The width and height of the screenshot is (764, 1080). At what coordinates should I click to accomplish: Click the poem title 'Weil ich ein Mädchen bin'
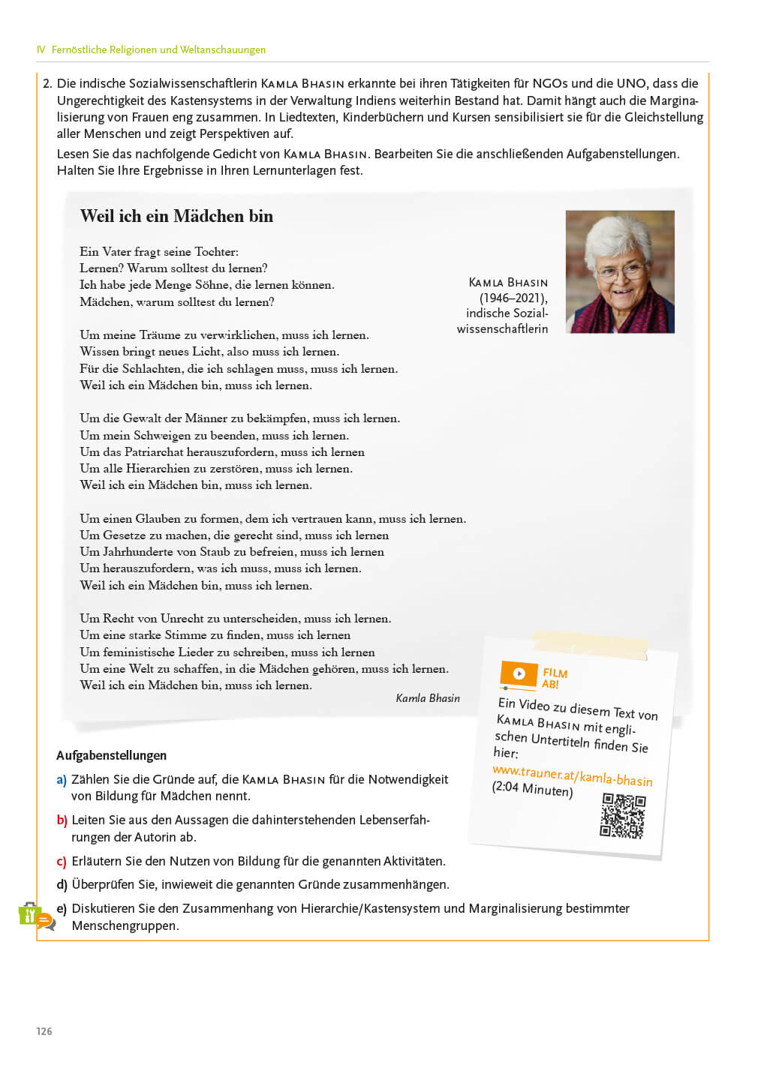click(176, 216)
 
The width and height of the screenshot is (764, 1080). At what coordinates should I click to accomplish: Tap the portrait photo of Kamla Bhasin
click(619, 271)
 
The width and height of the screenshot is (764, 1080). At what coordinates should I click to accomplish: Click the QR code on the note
click(622, 815)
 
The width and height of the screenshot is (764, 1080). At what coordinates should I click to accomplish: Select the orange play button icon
click(519, 673)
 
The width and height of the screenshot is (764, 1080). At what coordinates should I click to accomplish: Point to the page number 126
click(44, 1031)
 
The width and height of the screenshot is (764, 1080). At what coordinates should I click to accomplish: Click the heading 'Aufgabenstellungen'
click(111, 755)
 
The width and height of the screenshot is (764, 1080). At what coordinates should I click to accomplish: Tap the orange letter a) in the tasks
click(62, 779)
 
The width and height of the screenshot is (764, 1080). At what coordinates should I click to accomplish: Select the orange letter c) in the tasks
click(62, 861)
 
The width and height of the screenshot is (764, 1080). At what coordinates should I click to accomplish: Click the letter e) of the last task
click(62, 908)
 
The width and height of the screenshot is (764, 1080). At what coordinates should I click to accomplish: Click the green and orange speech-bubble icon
click(36, 916)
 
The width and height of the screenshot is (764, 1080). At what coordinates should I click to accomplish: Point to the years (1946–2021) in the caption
click(513, 298)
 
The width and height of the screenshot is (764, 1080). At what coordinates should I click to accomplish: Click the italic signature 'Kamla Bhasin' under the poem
click(428, 698)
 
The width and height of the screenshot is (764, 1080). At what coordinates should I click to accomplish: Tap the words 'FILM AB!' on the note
click(555, 678)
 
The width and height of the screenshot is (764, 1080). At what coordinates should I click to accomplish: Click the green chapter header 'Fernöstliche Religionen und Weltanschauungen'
click(158, 49)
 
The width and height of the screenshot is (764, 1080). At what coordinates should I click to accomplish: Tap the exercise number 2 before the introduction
click(47, 83)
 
